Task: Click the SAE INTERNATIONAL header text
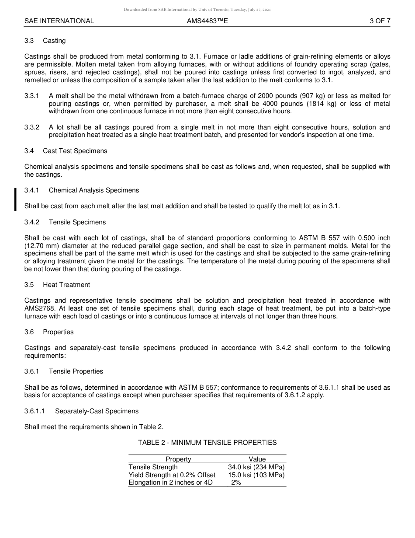59,21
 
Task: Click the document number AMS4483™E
207,21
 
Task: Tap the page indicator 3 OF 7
380,21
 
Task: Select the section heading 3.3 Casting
45,41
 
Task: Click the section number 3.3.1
32,96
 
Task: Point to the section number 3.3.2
32,127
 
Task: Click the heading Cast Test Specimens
75,151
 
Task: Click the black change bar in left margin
16,199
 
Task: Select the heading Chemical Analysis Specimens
94,190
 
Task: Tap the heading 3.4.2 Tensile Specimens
65,222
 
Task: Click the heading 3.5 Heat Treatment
57,285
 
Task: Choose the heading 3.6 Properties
49,332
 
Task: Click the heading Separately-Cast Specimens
97,411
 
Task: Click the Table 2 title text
207,443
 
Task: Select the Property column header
178,459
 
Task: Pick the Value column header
257,459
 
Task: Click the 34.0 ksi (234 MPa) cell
256,467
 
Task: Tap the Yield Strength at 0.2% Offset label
172,475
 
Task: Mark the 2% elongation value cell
236,483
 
